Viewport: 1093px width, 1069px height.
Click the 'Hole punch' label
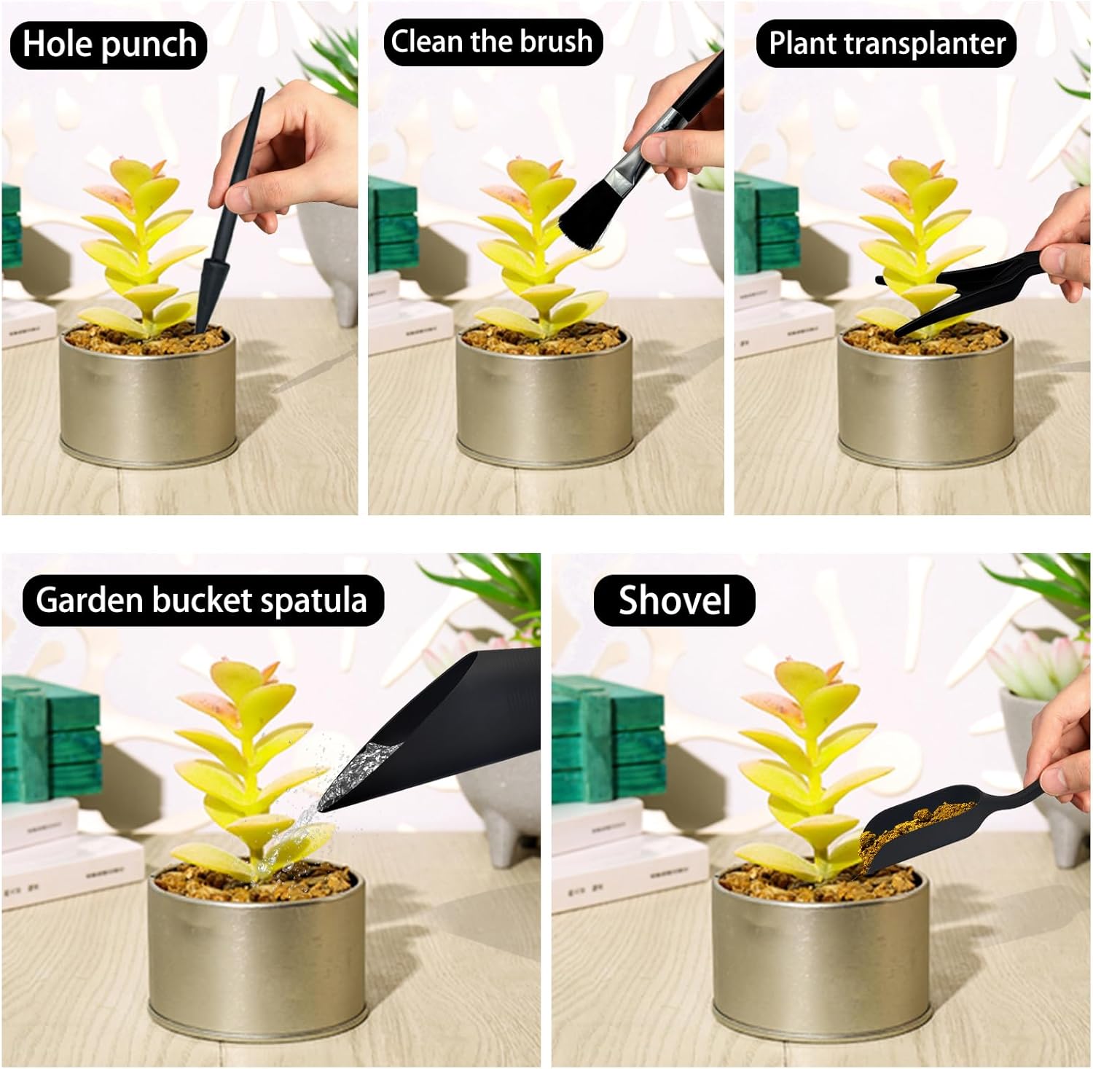tap(109, 44)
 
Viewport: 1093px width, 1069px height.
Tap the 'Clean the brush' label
tap(493, 42)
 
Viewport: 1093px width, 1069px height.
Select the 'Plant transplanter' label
tap(887, 43)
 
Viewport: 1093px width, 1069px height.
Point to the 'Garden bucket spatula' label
tap(203, 600)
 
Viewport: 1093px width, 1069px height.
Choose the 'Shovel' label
tap(674, 600)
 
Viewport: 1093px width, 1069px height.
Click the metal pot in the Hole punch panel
tap(149, 396)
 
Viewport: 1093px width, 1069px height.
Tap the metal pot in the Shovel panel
tap(820, 947)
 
